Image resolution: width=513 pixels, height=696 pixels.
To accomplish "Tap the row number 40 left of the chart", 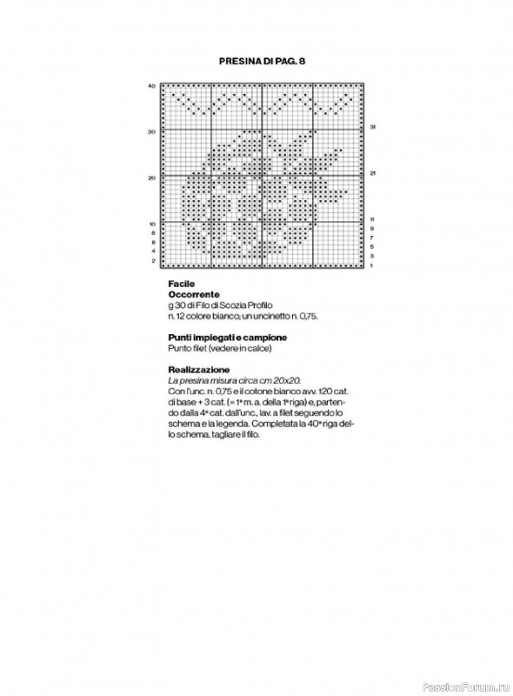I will click(x=151, y=86).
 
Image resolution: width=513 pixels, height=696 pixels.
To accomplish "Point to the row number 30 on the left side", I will click(x=151, y=132).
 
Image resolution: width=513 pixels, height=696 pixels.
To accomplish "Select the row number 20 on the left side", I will click(x=151, y=177).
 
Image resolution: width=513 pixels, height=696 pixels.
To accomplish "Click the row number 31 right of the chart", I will click(x=373, y=127).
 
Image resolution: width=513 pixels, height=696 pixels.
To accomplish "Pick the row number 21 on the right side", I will click(x=373, y=173).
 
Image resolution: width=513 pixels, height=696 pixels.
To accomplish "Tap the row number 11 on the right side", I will click(x=372, y=219).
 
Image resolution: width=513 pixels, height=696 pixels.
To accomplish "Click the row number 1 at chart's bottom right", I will click(x=372, y=265).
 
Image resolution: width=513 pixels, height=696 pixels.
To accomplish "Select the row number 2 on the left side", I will click(x=153, y=260).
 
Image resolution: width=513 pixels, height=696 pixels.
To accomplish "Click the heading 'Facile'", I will click(x=182, y=284).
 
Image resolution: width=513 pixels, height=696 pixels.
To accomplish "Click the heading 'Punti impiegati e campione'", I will click(x=228, y=337).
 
